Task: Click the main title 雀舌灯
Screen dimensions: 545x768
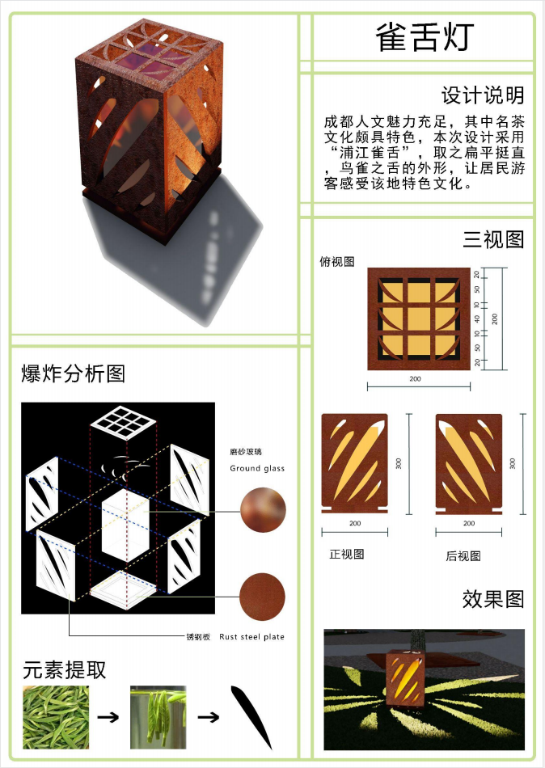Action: (425, 36)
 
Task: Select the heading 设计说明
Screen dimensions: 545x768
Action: (483, 95)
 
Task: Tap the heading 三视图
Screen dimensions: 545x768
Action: (493, 239)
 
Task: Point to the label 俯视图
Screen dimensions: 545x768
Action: (337, 262)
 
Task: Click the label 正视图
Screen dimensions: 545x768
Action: (347, 554)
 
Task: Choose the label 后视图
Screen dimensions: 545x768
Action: (463, 556)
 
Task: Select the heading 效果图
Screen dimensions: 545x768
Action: (493, 599)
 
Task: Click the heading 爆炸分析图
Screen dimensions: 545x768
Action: (73, 373)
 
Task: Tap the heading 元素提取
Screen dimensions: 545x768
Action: (64, 670)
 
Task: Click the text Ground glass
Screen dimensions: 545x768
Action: (257, 468)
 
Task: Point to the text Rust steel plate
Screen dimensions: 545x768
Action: (252, 637)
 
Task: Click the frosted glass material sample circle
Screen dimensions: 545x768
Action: (263, 510)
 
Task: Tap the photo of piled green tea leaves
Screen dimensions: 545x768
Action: (56, 717)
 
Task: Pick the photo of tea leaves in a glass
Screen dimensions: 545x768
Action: (158, 717)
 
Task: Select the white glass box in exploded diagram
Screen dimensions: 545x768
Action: (125, 525)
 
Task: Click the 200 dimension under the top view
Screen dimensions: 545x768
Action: (415, 378)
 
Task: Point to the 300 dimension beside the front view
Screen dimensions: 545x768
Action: (399, 463)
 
